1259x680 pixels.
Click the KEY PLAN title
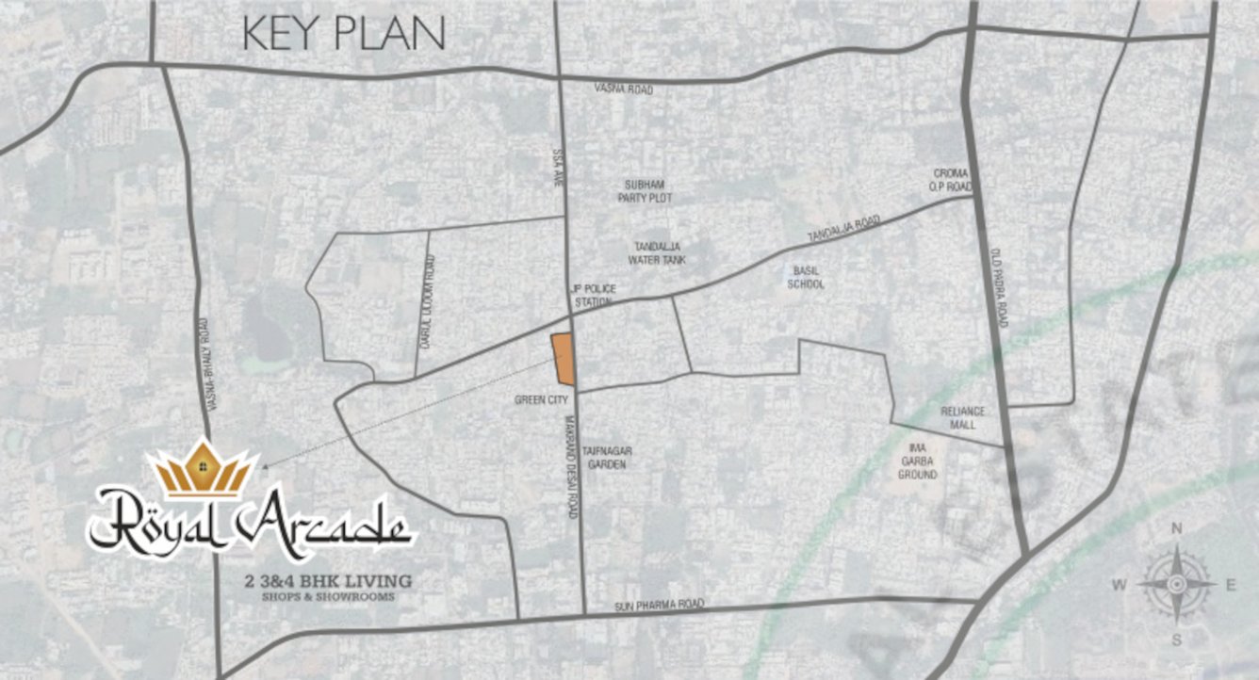[x=343, y=34]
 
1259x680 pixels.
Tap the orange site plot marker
[x=563, y=359]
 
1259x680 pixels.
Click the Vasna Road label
[x=624, y=89]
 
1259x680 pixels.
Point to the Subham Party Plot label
[x=645, y=191]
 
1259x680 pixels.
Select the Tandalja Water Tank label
[x=660, y=252]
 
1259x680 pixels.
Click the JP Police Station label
[x=593, y=295]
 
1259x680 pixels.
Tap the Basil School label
[x=806, y=277]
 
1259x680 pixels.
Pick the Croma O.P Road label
[x=950, y=180]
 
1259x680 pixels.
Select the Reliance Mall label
[x=962, y=417]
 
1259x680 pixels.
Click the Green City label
[x=541, y=399]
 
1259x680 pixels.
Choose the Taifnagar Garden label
[x=607, y=457]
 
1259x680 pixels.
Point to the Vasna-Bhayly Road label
[x=208, y=363]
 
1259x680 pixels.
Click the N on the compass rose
[x=1176, y=528]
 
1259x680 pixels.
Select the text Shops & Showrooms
[x=329, y=597]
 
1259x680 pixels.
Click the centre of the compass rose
[x=1176, y=584]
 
